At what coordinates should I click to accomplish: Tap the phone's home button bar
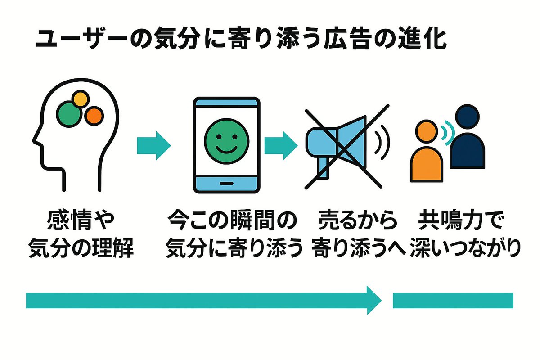[x=226, y=184]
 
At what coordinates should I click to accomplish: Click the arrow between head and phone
[x=153, y=145]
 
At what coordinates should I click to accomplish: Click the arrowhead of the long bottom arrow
[x=373, y=300]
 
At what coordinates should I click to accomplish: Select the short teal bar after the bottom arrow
[x=453, y=300]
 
